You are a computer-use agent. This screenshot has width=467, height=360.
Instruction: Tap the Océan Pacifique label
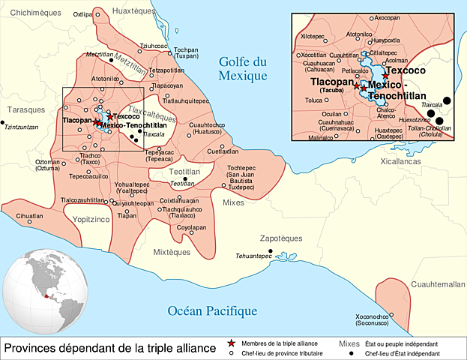pyautogui.click(x=213, y=311)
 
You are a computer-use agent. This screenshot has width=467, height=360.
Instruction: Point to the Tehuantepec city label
pyautogui.click(x=253, y=256)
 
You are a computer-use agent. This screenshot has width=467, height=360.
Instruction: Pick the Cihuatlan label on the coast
pyautogui.click(x=29, y=215)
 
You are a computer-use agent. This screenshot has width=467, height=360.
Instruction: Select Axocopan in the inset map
pyautogui.click(x=387, y=17)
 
